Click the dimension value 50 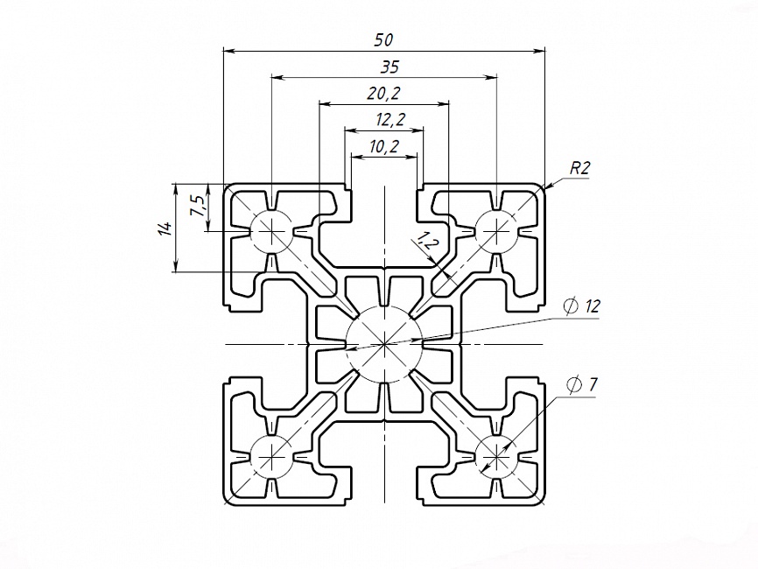tap(384, 39)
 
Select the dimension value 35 tap(390, 67)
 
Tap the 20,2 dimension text tap(384, 93)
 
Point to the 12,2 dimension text tap(390, 119)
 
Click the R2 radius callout tap(580, 168)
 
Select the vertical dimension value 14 tap(165, 228)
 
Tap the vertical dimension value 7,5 tap(199, 207)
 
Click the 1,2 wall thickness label tap(425, 241)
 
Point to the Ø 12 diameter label tap(581, 306)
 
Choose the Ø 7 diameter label tap(583, 385)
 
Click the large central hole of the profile tap(384, 344)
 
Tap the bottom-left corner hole tap(272, 456)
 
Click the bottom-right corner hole tap(496, 456)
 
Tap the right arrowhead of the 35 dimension tap(491, 77)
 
